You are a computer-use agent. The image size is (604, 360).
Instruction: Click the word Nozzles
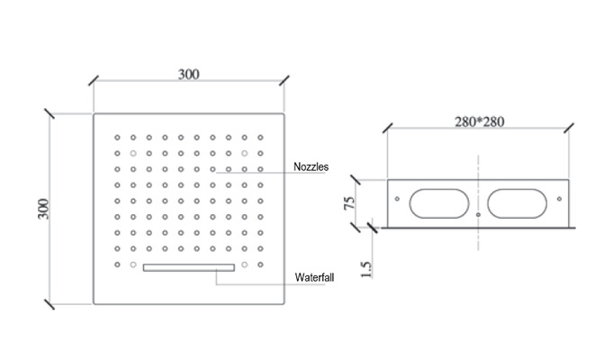point(311,166)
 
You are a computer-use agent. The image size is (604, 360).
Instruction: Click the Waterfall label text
point(314,277)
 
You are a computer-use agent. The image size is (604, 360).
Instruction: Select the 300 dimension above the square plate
point(189,74)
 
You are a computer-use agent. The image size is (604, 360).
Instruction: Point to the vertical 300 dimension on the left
point(43,209)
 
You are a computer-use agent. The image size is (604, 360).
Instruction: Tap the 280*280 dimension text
point(479,121)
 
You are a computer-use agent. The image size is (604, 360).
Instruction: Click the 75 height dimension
point(349,202)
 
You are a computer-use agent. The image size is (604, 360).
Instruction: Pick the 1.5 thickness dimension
point(366,269)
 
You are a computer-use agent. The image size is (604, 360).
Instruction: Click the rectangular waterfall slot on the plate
point(189,267)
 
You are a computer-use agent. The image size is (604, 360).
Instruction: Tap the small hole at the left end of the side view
point(397,199)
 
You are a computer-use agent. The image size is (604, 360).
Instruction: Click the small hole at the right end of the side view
point(559,199)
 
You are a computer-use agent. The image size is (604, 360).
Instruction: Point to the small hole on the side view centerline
point(478,214)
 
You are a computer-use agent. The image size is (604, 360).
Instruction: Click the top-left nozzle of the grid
point(117,138)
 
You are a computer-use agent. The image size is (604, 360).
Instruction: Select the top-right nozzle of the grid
point(260,138)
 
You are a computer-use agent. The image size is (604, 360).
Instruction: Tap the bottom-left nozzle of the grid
point(117,265)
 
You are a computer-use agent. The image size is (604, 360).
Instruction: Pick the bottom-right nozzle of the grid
point(260,265)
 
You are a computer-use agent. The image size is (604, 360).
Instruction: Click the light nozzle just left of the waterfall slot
point(133,265)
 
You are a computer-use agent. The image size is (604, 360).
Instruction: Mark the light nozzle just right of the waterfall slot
point(244,265)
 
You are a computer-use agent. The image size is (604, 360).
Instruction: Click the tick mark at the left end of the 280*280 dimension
point(388,128)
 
